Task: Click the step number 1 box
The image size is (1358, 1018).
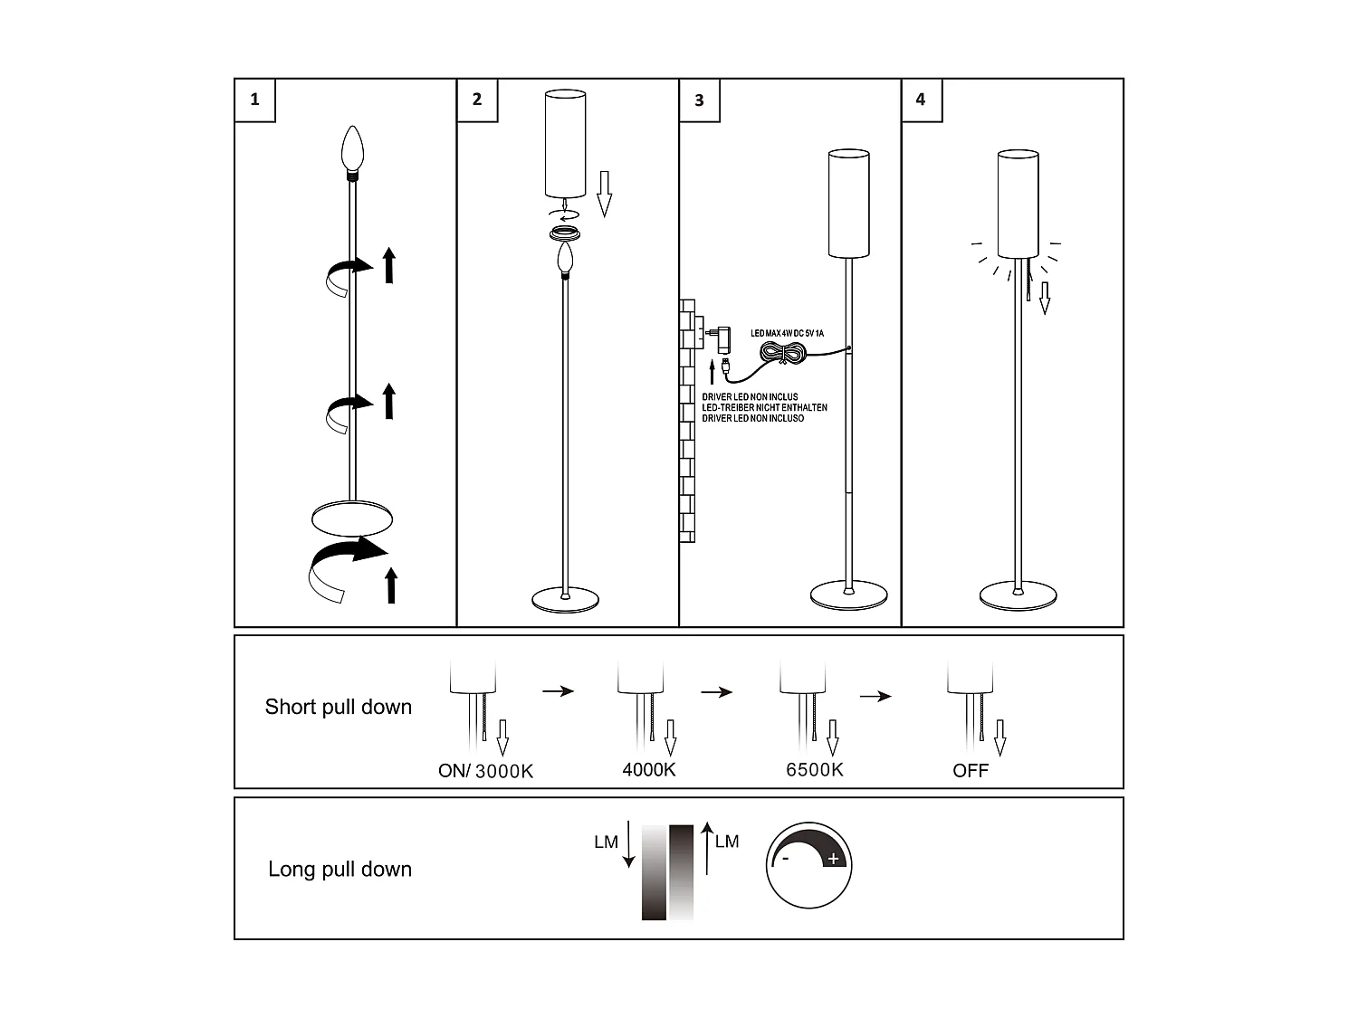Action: pos(254,100)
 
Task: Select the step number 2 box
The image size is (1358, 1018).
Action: pos(477,100)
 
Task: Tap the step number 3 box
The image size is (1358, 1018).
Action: pos(699,100)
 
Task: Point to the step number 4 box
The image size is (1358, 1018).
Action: pos(921,100)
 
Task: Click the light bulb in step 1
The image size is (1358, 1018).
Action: pos(352,149)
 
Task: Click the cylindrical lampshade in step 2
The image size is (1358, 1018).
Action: pos(565,143)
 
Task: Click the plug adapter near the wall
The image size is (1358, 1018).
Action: pos(722,338)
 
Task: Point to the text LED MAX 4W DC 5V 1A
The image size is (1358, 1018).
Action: pos(787,333)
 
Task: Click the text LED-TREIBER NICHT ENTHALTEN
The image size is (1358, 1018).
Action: pos(764,408)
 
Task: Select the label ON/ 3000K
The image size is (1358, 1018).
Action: pos(485,771)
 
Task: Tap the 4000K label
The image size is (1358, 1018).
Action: pos(649,770)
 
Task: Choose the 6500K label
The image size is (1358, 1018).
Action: pos(814,770)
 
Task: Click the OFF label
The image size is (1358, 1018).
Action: pos(970,771)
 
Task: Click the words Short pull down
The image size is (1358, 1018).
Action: pos(338,707)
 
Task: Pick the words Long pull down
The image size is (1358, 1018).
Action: pos(339,869)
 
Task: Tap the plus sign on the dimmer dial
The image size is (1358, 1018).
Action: pos(833,859)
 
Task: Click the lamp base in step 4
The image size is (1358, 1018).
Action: pos(1018,596)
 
